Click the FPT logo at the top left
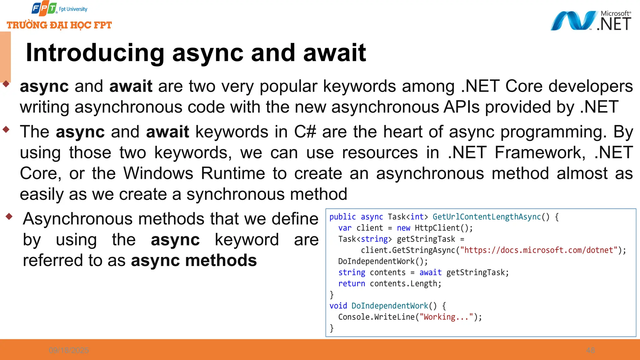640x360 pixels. pos(44,8)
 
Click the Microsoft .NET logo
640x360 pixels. pos(591,21)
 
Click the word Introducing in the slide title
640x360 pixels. pos(95,52)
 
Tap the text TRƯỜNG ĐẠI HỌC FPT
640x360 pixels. pos(59,25)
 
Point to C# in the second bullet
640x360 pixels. pos(305,132)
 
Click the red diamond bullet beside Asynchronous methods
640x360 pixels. pos(9,216)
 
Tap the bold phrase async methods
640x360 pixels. pos(194,260)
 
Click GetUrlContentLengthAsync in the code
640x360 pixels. pos(487,217)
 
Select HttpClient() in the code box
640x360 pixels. pos(443,228)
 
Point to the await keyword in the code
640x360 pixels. pos(430,272)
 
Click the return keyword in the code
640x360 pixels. pos(352,284)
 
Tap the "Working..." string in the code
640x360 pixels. pos(447,317)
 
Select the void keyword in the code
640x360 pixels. pos(338,306)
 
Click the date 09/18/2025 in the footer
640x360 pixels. pos(69,350)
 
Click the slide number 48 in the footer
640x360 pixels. pos(590,350)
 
